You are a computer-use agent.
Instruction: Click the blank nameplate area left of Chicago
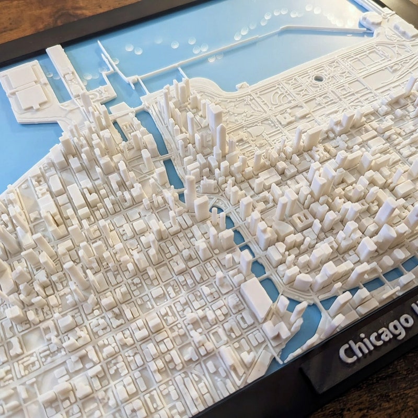(x=319, y=374)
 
